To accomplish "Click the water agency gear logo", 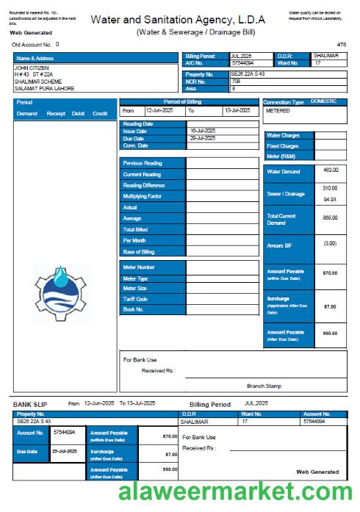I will pos(61,292).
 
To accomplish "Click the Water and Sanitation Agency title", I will pos(178,20).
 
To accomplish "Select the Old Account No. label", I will pos(32,45).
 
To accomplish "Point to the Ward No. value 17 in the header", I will pos(318,63).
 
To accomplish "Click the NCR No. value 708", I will pos(236,81).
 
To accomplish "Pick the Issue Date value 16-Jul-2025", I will pos(202,131).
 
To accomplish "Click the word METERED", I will pos(278,111).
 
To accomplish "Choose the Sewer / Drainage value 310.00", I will pos(330,188).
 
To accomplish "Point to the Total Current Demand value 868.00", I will pos(330,217).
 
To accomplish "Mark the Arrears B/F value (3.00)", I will pos(330,243).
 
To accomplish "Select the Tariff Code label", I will pos(135,299).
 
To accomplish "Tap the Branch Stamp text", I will pos(264,386).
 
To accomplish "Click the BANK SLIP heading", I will pos(32,404).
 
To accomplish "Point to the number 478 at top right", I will pos(341,45).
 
